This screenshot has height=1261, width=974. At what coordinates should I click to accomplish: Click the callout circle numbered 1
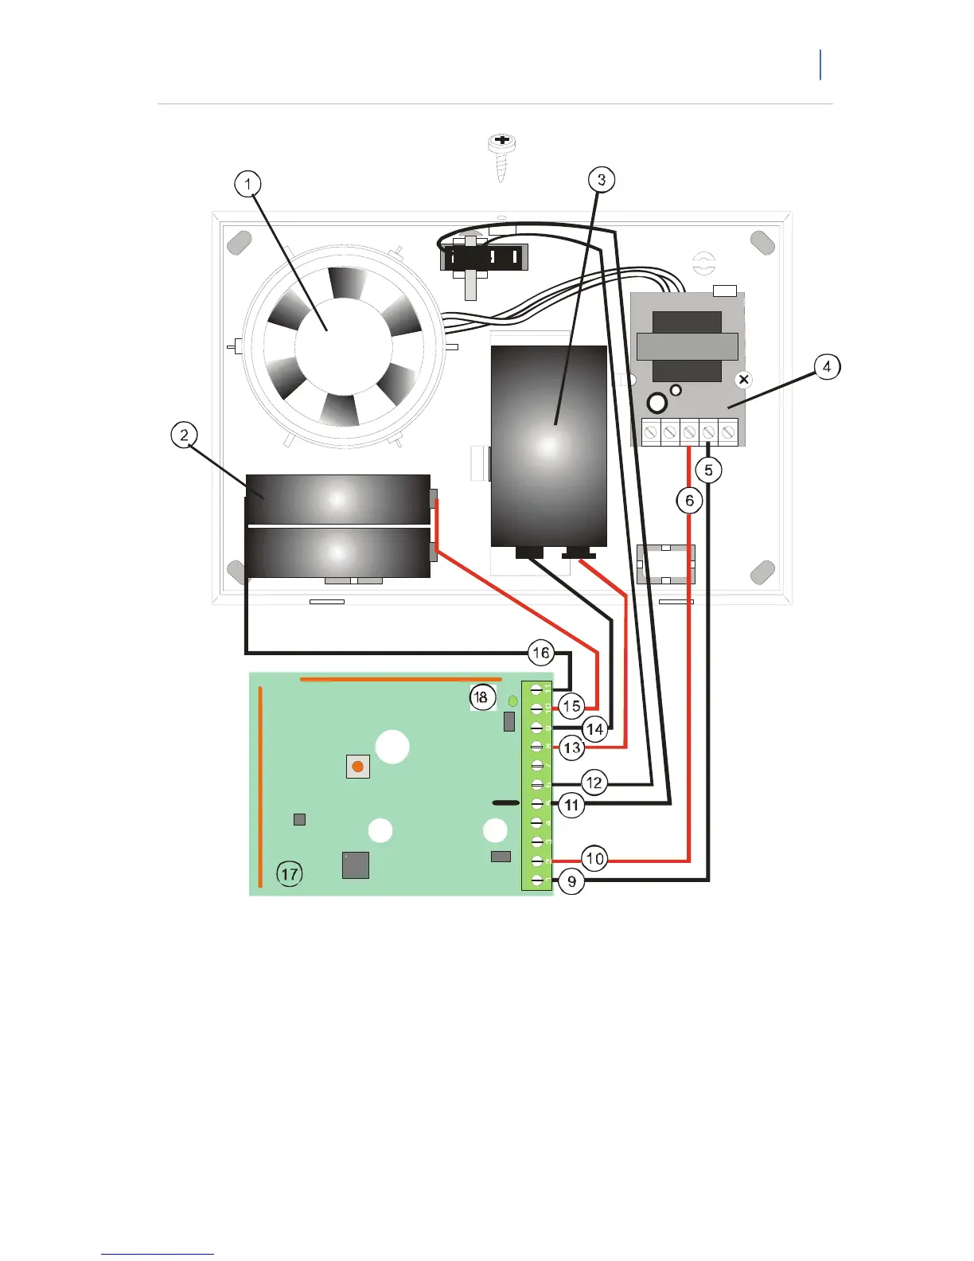(248, 185)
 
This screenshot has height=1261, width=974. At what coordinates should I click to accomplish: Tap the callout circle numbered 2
(184, 435)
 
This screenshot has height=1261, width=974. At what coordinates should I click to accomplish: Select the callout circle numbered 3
(601, 180)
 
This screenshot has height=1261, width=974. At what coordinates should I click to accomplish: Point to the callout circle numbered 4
(827, 367)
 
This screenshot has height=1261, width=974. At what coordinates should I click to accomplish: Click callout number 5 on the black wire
(708, 470)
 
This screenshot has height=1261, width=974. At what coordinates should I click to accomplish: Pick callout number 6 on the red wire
(689, 501)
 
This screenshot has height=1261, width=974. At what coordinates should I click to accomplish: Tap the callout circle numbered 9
(571, 881)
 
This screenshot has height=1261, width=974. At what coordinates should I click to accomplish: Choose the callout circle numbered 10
(594, 859)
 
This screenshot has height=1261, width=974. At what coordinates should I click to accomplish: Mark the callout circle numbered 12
(594, 783)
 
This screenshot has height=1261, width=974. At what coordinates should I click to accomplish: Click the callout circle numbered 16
(541, 654)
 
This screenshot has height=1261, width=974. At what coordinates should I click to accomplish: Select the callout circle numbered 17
(289, 874)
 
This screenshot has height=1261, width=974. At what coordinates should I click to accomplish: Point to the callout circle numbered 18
(481, 697)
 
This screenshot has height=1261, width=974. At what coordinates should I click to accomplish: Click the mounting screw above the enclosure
(501, 156)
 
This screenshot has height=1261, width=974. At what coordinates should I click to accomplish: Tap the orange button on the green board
(358, 767)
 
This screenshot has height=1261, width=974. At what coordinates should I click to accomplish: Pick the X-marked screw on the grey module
(743, 380)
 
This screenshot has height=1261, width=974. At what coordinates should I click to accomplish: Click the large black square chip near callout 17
(355, 865)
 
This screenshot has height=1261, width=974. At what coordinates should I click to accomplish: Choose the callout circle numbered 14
(594, 728)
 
